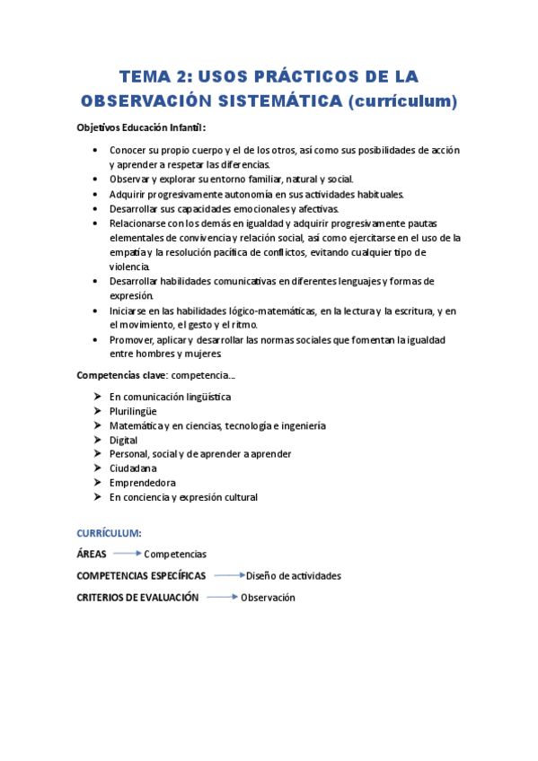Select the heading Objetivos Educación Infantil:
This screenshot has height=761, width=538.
click(142, 127)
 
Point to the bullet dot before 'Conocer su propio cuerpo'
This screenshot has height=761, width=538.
click(95, 150)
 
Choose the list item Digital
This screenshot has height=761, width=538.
click(123, 440)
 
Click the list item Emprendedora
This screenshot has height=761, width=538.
click(142, 483)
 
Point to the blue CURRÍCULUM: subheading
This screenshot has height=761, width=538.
click(109, 532)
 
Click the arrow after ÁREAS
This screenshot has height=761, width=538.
click(127, 554)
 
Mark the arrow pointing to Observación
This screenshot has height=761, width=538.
click(221, 597)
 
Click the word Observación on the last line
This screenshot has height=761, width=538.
click(268, 598)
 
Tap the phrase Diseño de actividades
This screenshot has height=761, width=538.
click(293, 576)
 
